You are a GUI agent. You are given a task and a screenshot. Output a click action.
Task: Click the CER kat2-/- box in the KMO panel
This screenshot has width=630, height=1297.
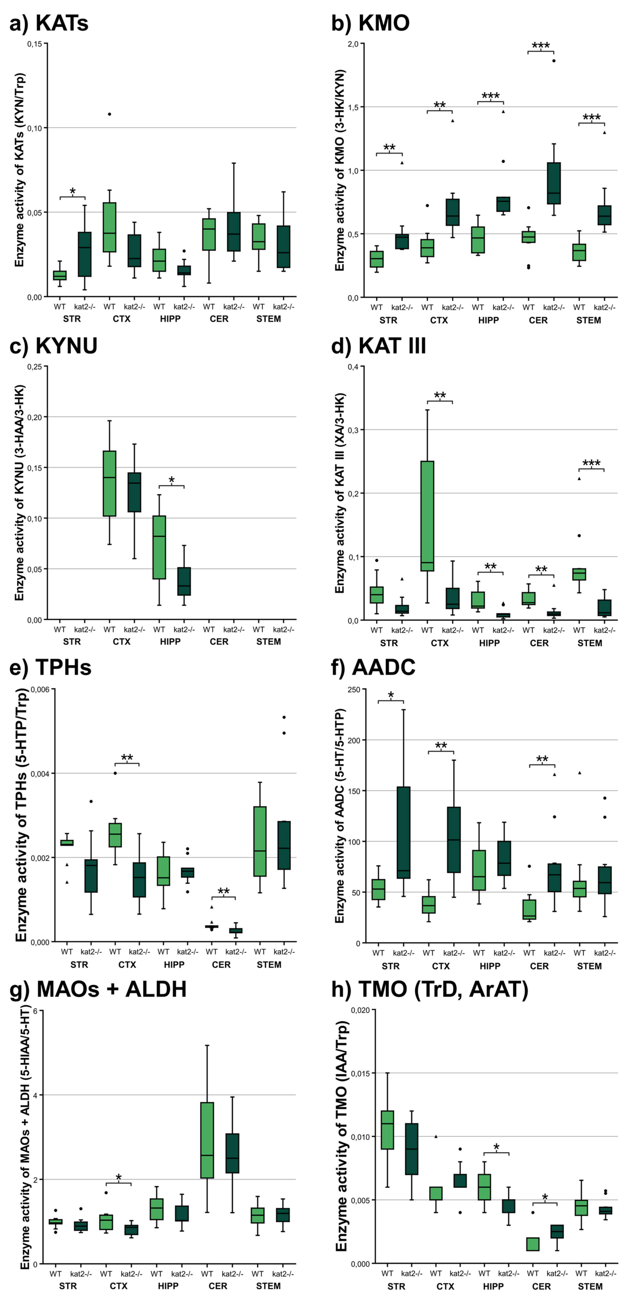coord(553,183)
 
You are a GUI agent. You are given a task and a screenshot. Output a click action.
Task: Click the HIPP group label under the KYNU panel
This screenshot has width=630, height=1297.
coord(170,641)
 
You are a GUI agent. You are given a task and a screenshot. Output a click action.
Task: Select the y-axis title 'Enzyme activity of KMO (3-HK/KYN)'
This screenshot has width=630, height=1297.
coord(340,170)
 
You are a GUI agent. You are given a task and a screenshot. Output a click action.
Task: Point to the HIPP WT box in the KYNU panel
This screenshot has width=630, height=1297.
coord(159,547)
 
